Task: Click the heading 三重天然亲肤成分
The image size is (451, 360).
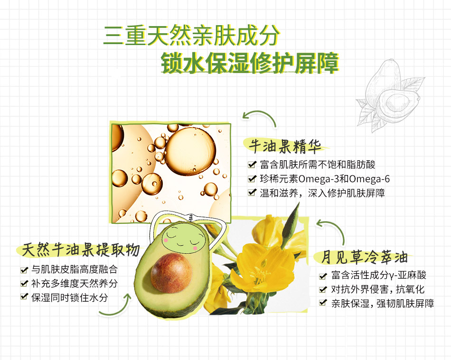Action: (192, 36)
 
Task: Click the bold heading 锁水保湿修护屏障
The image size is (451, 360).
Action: (250, 63)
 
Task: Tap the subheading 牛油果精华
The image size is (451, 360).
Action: (285, 146)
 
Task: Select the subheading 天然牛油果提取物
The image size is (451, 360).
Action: (81, 249)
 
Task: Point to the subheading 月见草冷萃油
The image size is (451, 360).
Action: (364, 257)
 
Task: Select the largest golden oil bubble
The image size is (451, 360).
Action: (190, 151)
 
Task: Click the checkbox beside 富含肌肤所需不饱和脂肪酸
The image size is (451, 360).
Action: (252, 164)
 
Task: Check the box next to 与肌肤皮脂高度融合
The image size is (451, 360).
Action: (24, 269)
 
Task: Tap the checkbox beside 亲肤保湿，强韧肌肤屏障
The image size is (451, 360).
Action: (323, 303)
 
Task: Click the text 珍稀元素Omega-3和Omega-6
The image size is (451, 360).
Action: (325, 179)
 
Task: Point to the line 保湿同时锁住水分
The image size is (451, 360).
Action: (70, 297)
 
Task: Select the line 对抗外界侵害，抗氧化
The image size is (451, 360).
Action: (378, 289)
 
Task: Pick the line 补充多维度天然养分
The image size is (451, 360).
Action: (75, 283)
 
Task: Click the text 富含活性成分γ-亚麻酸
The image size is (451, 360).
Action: (378, 275)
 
